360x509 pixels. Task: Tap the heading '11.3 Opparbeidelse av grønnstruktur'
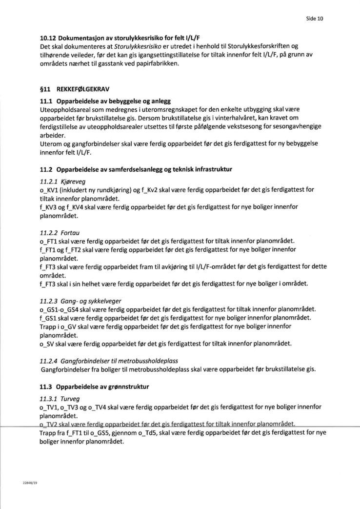click(95, 387)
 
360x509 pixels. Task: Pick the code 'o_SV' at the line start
click(46, 344)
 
